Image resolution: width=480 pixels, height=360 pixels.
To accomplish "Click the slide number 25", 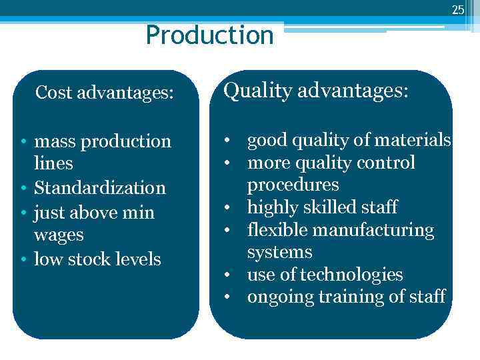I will click(x=457, y=9).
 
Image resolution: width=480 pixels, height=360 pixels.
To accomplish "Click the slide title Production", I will click(x=209, y=35).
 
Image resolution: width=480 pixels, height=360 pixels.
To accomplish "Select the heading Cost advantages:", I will click(x=104, y=93).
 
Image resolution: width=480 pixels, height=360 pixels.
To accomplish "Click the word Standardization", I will click(x=99, y=188).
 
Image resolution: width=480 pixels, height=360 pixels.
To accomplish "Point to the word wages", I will click(x=59, y=235).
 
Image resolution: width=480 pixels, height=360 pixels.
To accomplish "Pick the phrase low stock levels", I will click(x=97, y=259).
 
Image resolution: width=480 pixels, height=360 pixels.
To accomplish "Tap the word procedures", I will click(x=293, y=185).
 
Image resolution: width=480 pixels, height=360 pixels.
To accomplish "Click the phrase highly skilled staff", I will click(x=322, y=207).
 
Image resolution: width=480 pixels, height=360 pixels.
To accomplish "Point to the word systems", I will click(x=279, y=252).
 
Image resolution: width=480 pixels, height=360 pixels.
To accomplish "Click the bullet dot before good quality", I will click(x=228, y=141).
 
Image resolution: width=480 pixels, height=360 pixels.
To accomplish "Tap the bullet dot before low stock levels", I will click(x=23, y=259).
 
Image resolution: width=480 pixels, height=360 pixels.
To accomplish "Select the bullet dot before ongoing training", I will click(x=228, y=297).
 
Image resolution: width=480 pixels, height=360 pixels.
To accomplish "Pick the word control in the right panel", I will click(x=387, y=163).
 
